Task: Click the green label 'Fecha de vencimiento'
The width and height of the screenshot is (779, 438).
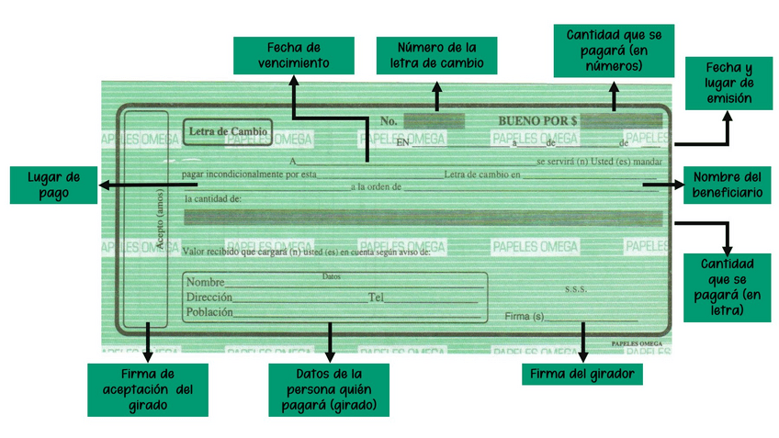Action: point(294,55)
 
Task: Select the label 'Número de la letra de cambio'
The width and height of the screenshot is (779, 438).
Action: point(436,55)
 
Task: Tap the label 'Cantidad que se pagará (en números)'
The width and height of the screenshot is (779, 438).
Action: point(614,51)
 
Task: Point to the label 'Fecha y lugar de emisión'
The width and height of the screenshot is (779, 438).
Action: point(729,83)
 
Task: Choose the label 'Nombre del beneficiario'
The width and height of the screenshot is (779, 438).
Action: point(729,185)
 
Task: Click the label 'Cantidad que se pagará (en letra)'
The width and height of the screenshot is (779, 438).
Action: point(729,286)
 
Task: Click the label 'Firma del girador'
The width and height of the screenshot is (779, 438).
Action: point(582,375)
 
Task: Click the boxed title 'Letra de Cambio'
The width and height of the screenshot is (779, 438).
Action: point(228,132)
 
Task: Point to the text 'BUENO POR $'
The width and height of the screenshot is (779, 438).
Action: point(537,121)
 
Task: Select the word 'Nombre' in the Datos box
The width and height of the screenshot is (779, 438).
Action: point(206,282)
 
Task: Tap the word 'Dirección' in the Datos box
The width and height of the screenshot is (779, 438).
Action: point(209,298)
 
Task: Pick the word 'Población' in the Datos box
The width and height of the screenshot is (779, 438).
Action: point(209,312)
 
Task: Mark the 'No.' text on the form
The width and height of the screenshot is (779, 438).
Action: point(389,121)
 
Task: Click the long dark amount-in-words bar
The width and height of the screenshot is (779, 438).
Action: point(423,219)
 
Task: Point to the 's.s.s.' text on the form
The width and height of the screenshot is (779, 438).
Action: point(576,288)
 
